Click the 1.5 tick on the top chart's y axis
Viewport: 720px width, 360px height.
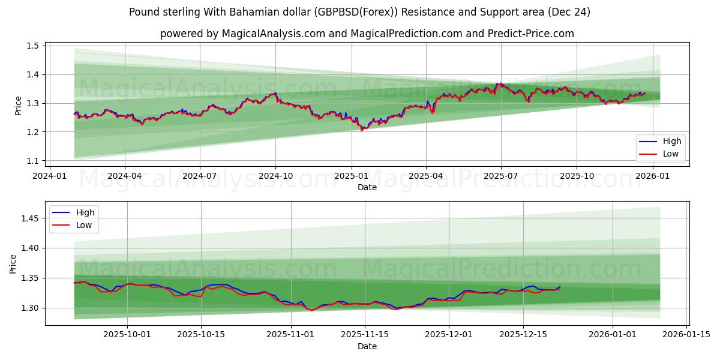(x=33, y=46)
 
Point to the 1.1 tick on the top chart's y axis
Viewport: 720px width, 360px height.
(x=33, y=161)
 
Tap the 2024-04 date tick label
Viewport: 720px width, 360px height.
(x=124, y=176)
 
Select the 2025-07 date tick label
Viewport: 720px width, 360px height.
(x=501, y=176)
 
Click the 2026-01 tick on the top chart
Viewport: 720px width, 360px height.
(x=652, y=176)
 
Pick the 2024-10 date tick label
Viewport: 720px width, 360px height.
(x=275, y=176)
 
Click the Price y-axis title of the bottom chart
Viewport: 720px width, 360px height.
(x=14, y=263)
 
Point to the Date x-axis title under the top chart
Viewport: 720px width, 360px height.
(x=367, y=188)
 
